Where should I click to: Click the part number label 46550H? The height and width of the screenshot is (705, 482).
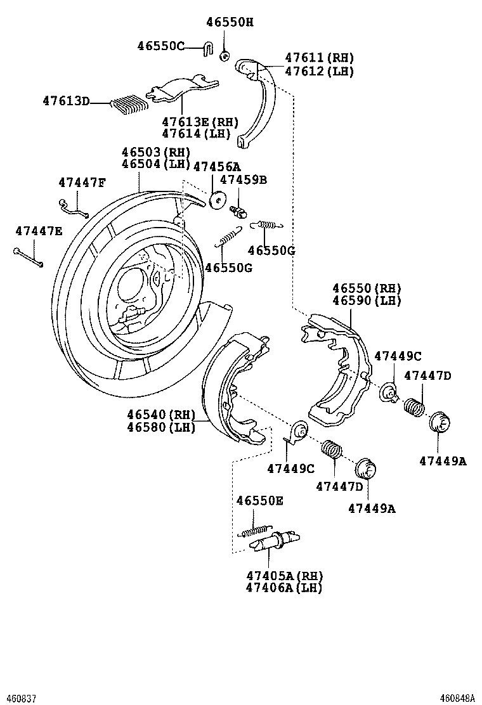(229, 22)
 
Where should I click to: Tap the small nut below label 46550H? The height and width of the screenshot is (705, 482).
(225, 56)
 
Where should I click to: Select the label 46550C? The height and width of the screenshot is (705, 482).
(160, 46)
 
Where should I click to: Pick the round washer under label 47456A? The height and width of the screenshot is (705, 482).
(217, 199)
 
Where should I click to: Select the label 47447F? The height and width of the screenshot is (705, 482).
(82, 183)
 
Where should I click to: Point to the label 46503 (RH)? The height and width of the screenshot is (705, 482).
(156, 152)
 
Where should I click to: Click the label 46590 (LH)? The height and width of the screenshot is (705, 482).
(367, 301)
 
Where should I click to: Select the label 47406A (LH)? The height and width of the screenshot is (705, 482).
(285, 588)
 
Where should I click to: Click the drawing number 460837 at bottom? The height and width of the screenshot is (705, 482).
(17, 697)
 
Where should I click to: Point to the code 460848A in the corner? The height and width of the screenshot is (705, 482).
(459, 697)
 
